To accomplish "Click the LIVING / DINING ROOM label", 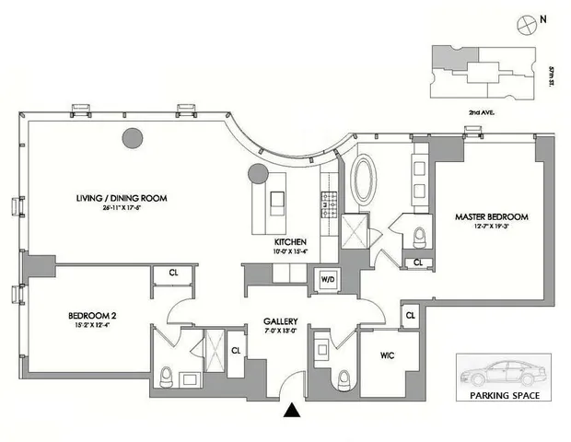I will coord(127,197).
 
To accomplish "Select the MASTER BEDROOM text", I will coord(492,217).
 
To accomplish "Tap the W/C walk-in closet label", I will coord(388,354).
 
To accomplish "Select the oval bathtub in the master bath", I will coord(365,180).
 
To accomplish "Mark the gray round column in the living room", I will coord(133,139).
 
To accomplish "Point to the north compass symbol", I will coord(529,20).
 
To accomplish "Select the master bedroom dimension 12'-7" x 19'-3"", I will coord(492,228).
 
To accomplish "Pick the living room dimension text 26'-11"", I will coord(127,207).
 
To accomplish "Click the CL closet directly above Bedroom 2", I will coord(173,273).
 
